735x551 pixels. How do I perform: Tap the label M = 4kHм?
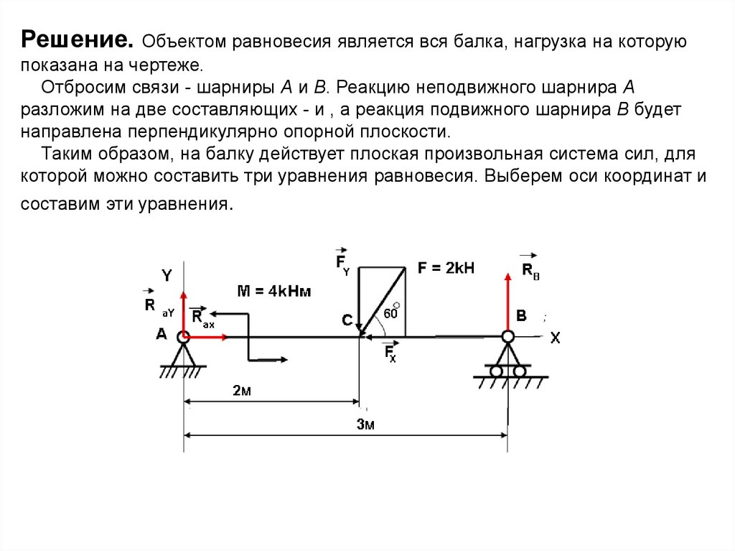tap(274, 290)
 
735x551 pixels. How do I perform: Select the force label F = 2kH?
tap(446, 268)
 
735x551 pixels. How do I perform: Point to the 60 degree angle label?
tap(391, 312)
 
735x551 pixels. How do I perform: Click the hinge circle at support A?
tap(184, 335)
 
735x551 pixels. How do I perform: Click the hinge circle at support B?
tap(507, 336)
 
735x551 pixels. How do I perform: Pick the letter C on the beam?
tap(347, 321)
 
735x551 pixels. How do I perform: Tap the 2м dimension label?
tap(241, 391)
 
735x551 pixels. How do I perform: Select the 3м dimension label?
tap(366, 424)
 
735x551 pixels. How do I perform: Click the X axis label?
tap(555, 338)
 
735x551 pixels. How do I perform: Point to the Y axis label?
tap(167, 275)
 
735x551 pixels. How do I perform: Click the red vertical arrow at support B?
tap(507, 302)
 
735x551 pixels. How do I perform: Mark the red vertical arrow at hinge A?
tap(184, 312)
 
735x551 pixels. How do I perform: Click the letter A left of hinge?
tap(162, 334)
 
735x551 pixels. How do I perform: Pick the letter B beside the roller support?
tap(521, 316)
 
